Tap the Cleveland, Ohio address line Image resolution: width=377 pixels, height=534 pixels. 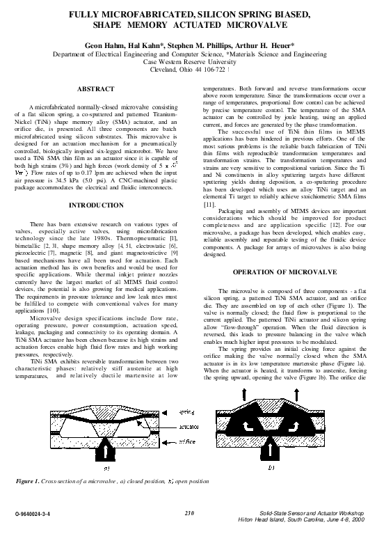pyautogui.click(x=188, y=69)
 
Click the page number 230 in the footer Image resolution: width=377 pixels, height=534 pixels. pyautogui.click(x=188, y=513)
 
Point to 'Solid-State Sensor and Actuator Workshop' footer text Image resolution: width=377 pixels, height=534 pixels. pyautogui.click(x=311, y=513)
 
